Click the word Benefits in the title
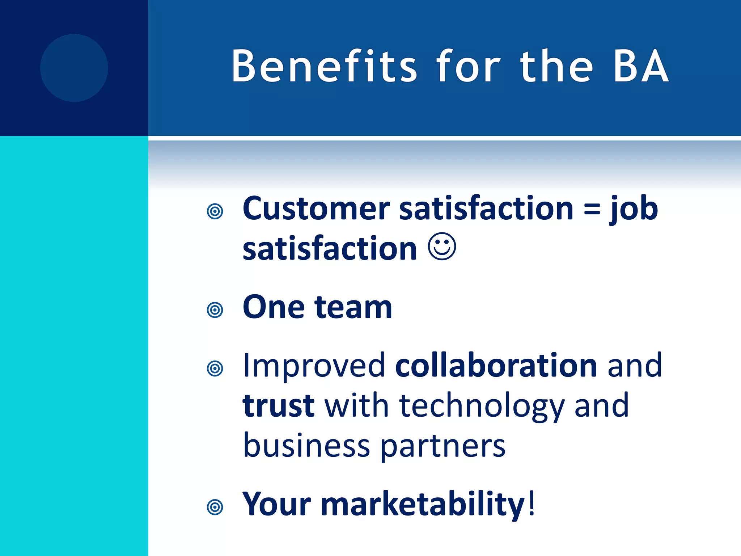324,66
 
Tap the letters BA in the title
641,66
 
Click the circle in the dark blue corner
74,68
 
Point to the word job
634,210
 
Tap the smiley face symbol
442,247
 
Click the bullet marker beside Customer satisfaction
215,211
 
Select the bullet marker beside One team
215,310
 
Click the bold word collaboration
496,366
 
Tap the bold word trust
279,406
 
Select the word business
306,445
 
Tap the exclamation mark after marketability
531,503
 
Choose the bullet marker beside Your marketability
215,507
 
